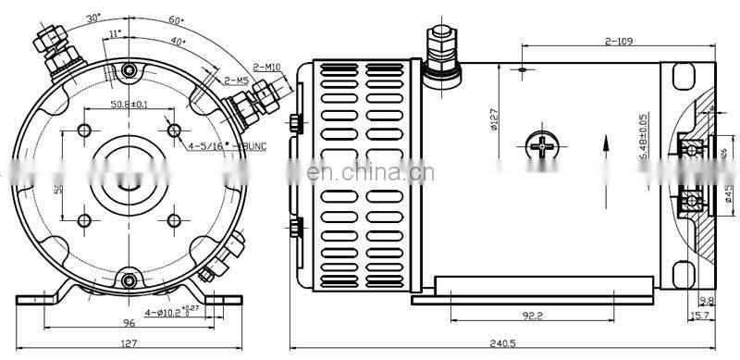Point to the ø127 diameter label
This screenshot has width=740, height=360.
(496, 121)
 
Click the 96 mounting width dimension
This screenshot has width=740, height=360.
(129, 323)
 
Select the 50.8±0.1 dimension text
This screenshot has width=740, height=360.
(129, 105)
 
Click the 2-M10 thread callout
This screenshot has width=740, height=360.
(267, 66)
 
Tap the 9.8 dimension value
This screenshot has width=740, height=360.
(706, 301)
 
